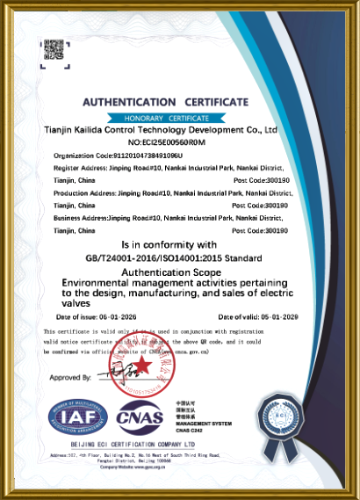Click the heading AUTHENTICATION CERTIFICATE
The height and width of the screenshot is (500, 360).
coord(167,103)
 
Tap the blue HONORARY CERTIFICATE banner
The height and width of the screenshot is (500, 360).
coord(167,118)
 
